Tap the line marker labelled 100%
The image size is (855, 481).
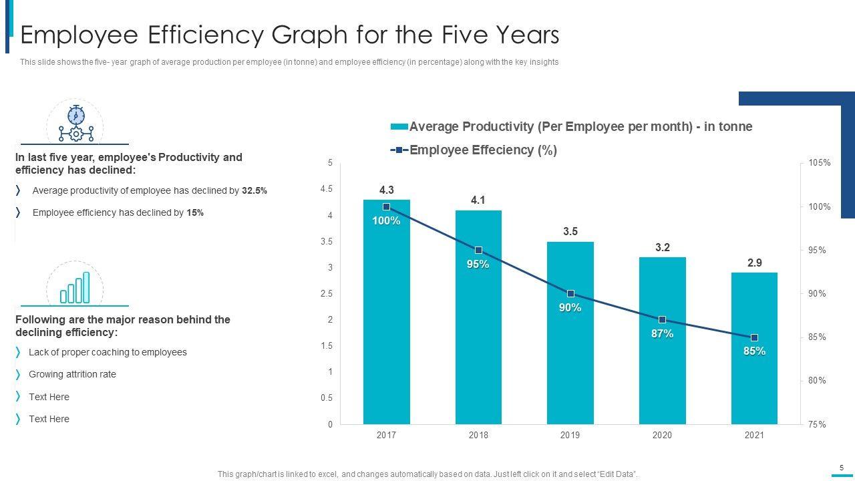pyautogui.click(x=386, y=207)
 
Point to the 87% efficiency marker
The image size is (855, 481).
pyautogui.click(x=662, y=320)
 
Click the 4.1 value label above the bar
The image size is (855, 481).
pyautogui.click(x=478, y=200)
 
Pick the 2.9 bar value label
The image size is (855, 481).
pyautogui.click(x=754, y=263)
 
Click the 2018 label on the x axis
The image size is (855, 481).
pyautogui.click(x=478, y=435)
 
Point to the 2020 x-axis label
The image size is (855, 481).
pyautogui.click(x=662, y=435)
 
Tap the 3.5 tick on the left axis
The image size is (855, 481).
pyautogui.click(x=327, y=241)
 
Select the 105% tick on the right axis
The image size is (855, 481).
pyautogui.click(x=819, y=163)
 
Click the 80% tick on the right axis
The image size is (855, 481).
pyautogui.click(x=817, y=381)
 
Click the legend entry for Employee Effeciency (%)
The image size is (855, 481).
pyautogui.click(x=482, y=150)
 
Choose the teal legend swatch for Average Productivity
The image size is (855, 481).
pyautogui.click(x=399, y=127)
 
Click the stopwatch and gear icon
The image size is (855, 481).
pyautogui.click(x=75, y=124)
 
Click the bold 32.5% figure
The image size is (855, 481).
pyautogui.click(x=254, y=191)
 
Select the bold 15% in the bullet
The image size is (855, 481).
pyautogui.click(x=195, y=213)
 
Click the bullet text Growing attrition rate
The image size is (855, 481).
pyautogui.click(x=72, y=374)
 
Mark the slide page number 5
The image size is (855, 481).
pyautogui.click(x=842, y=468)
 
